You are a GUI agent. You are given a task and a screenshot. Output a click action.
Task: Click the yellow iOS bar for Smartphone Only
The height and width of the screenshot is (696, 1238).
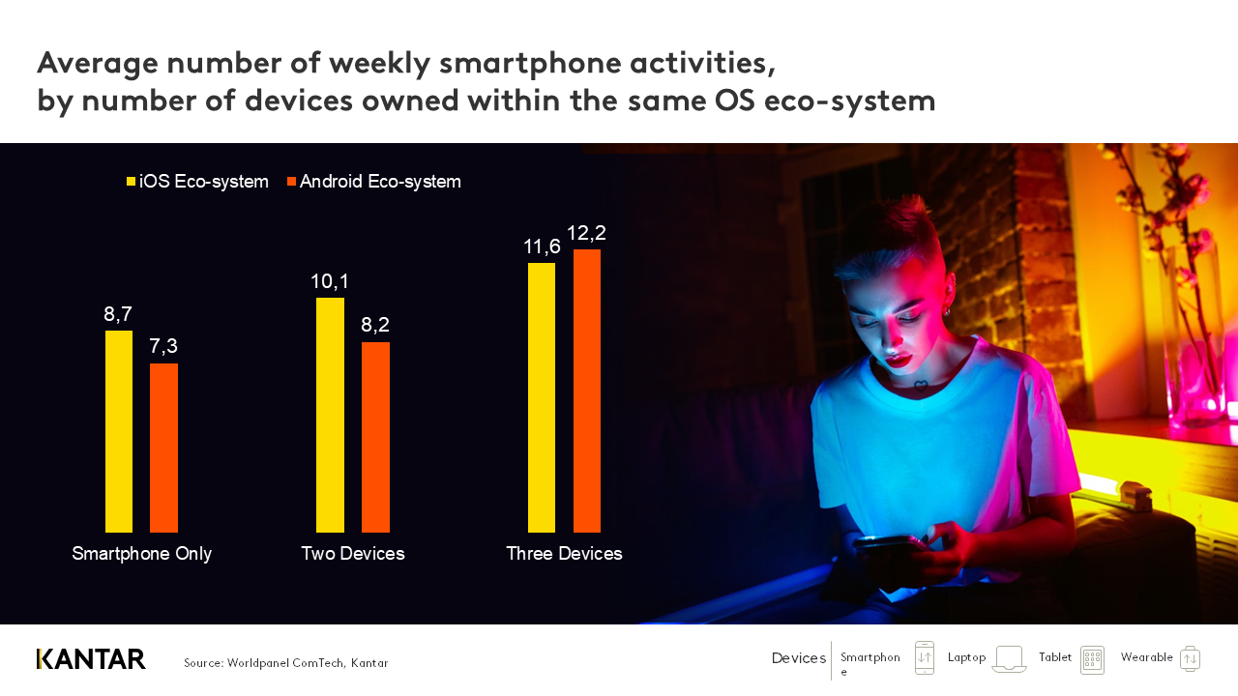point(119,431)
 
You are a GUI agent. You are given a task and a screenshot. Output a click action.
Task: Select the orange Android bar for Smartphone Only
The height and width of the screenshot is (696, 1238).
point(163,448)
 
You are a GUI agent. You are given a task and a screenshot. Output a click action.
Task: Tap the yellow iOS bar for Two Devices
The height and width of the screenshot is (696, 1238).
point(330,415)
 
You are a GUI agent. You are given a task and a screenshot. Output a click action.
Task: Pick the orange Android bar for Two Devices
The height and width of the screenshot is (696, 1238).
point(375,437)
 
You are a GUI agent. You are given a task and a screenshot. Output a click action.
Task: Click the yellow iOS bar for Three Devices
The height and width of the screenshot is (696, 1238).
point(542,397)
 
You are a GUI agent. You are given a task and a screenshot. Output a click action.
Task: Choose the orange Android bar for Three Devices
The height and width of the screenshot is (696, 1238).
point(587,391)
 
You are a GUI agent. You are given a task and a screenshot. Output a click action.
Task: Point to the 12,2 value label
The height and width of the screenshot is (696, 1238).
point(586,233)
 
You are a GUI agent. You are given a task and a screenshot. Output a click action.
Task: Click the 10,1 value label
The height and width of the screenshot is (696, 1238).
point(330,281)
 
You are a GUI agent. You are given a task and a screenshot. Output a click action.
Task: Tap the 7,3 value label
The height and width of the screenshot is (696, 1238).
point(163,346)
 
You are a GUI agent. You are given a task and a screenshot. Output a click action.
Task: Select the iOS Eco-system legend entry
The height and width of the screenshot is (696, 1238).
point(197,182)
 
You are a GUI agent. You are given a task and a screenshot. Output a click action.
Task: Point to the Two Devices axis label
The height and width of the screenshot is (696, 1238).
point(353,554)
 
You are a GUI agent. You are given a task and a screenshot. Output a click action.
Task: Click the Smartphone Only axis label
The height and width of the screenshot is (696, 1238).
point(142,554)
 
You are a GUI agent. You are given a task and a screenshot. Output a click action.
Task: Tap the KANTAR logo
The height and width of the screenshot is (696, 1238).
point(91,659)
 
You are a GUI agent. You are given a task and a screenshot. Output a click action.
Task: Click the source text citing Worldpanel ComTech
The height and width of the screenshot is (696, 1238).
point(286,663)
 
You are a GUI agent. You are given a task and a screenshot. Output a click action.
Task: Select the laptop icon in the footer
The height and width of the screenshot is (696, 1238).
point(1009,659)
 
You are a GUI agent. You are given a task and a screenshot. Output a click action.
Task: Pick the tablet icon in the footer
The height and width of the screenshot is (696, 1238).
point(1092,659)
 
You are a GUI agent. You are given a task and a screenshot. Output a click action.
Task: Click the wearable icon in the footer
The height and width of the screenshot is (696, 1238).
point(1190,658)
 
